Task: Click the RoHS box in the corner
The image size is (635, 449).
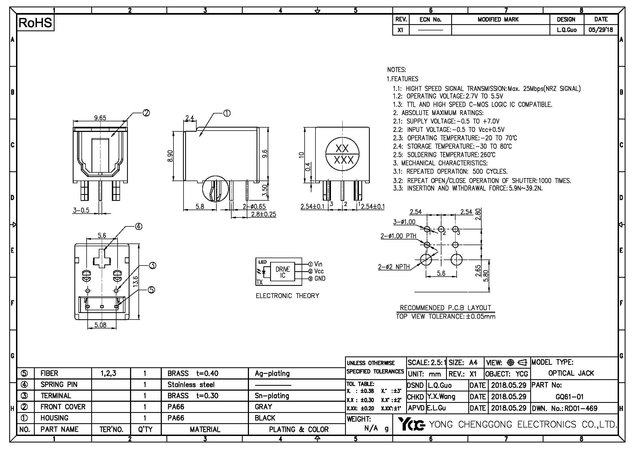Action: (35, 23)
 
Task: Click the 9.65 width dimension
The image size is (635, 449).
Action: (100, 118)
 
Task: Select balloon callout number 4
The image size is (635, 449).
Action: (138, 227)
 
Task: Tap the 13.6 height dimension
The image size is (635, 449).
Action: (135, 282)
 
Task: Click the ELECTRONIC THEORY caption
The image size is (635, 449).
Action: (287, 296)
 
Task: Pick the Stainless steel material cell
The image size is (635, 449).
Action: (191, 385)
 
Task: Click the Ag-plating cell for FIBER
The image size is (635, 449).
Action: (272, 374)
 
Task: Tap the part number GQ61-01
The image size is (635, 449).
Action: (570, 397)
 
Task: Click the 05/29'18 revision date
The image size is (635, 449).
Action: (601, 30)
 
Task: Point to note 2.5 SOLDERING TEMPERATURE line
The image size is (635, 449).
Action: (444, 155)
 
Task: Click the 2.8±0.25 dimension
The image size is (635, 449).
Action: (263, 214)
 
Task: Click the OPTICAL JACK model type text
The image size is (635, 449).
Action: (571, 373)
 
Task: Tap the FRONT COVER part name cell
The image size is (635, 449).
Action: (63, 407)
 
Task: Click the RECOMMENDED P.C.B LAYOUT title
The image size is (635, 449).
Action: (445, 308)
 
